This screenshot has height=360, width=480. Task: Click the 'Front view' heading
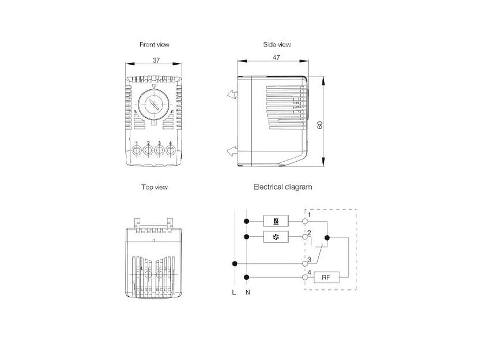pyautogui.click(x=155, y=44)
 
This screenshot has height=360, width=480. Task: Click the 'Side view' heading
pyautogui.click(x=277, y=44)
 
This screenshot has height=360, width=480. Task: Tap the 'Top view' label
pyautogui.click(x=155, y=187)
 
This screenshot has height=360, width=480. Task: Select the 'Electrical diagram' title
pyautogui.click(x=282, y=187)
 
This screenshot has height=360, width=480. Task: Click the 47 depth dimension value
pyautogui.click(x=276, y=57)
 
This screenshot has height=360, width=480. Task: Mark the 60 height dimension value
pyautogui.click(x=319, y=125)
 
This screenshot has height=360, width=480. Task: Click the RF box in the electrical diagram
pyautogui.click(x=326, y=277)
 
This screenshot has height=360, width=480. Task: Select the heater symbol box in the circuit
pyautogui.click(x=276, y=221)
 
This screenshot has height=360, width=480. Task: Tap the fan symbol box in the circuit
pyautogui.click(x=276, y=237)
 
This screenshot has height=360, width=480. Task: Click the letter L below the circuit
pyautogui.click(x=233, y=293)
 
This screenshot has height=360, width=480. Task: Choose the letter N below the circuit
pyautogui.click(x=247, y=293)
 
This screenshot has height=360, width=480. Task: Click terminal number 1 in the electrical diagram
pyautogui.click(x=309, y=216)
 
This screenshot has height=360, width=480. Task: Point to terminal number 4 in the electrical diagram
pyautogui.click(x=309, y=273)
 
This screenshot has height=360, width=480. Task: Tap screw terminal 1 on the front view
pyautogui.click(x=137, y=151)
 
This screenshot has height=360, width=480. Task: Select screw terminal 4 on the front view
pyautogui.click(x=170, y=151)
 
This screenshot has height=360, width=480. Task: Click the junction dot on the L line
pyautogui.click(x=233, y=263)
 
